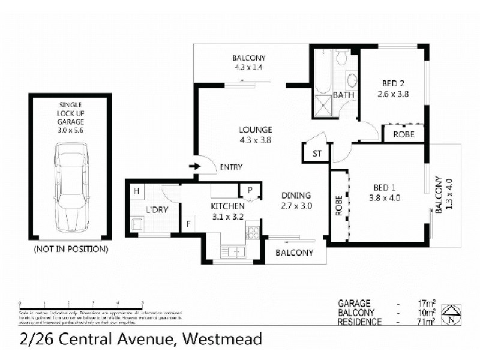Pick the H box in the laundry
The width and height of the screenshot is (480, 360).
point(137,191)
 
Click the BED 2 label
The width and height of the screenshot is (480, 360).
point(394,84)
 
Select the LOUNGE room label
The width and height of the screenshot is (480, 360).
point(256,130)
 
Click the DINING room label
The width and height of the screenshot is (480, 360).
point(296,195)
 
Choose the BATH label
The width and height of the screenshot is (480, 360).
point(343,95)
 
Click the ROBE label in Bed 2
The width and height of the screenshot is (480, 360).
point(403,134)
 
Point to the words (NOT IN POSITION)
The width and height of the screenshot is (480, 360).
point(71,248)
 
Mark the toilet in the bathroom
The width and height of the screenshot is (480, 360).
point(341,58)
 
